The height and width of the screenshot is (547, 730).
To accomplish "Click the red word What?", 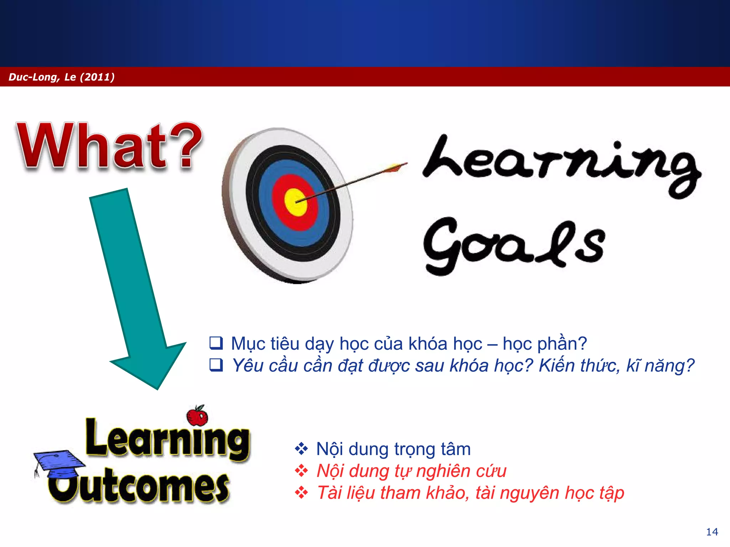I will (x=109, y=146).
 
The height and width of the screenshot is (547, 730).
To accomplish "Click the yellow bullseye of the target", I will (x=296, y=202).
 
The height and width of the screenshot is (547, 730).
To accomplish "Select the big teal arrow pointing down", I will (x=137, y=285).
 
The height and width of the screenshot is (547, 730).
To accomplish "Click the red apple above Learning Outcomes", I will (x=197, y=416).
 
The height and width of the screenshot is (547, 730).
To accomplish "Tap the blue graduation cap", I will (x=59, y=463).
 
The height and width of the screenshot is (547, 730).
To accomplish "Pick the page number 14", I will (x=712, y=532).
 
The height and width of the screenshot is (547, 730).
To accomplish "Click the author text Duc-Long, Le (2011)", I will (x=61, y=77).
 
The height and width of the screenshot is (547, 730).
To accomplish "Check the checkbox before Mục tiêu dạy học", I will (x=216, y=343).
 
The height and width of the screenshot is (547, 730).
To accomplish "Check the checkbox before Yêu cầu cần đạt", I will (x=216, y=365).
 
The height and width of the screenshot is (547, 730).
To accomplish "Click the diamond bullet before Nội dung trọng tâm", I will (x=301, y=449).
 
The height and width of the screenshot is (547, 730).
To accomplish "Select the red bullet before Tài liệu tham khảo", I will (x=301, y=493).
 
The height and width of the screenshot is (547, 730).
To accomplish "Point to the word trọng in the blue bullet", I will (x=414, y=449).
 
